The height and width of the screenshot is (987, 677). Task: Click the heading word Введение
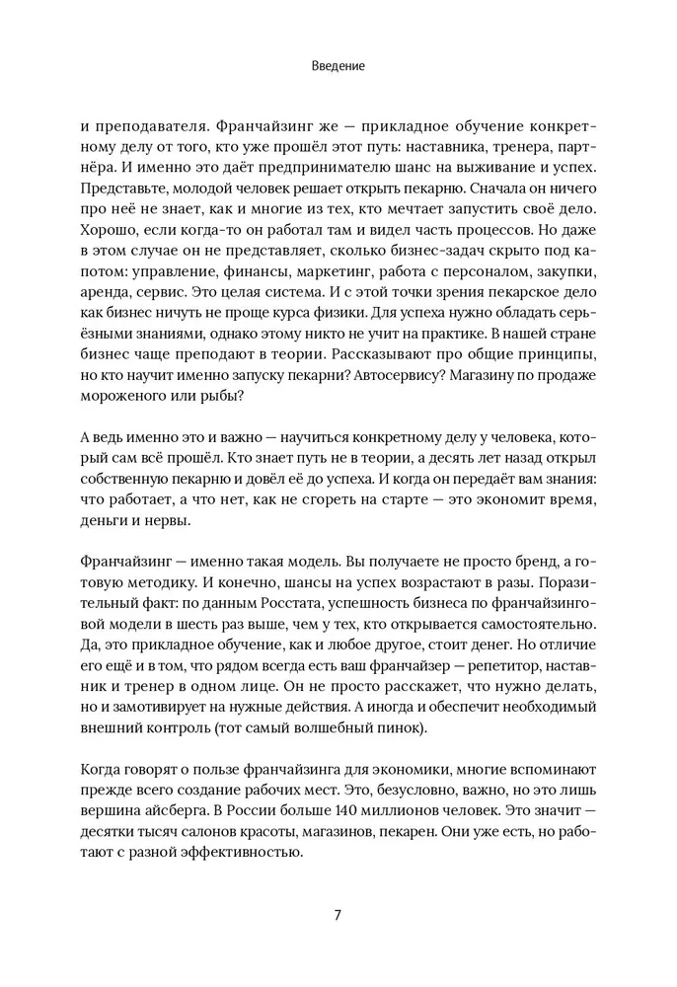(x=338, y=66)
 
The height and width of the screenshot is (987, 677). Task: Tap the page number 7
(x=338, y=913)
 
